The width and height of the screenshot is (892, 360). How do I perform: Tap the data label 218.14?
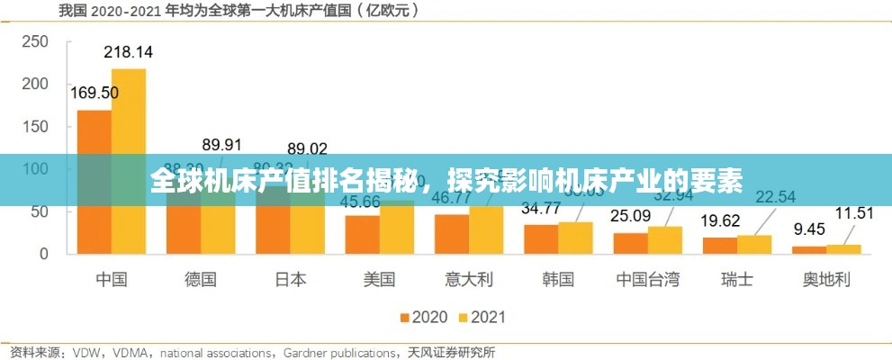coord(128,52)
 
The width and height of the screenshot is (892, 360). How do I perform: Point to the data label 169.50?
coord(94,92)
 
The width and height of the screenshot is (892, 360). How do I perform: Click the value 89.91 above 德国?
coord(221,144)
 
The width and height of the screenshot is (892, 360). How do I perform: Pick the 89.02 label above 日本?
coord(307,148)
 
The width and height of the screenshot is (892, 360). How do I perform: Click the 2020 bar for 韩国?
coord(541,238)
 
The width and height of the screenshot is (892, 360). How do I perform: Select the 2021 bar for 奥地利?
coord(843,248)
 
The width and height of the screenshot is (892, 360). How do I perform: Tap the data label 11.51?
coord(854,213)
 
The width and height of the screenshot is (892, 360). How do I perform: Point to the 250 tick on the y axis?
coord(35,41)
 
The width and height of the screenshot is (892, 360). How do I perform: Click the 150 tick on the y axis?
coord(35,126)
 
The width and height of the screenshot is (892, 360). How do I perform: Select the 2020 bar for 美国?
coord(363,234)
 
